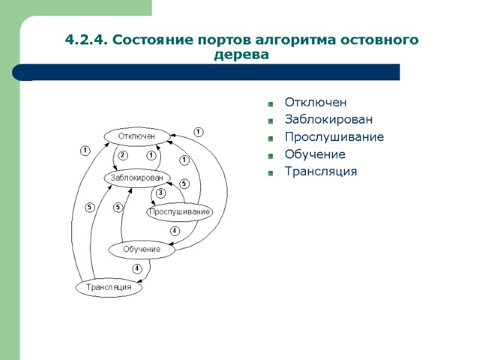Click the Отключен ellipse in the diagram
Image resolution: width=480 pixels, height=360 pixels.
pyautogui.click(x=137, y=136)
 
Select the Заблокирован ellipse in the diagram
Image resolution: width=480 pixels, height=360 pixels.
pyautogui.click(x=137, y=178)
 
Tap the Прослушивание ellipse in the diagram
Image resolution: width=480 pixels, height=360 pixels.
pyautogui.click(x=179, y=212)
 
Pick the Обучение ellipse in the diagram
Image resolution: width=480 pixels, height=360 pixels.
pyautogui.click(x=142, y=249)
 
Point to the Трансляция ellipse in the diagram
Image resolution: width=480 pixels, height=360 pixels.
pyautogui.click(x=109, y=287)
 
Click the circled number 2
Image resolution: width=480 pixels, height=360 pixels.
pyautogui.click(x=122, y=155)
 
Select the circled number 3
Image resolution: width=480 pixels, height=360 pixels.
pyautogui.click(x=161, y=193)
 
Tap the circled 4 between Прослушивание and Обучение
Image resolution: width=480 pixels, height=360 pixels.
pyautogui.click(x=175, y=230)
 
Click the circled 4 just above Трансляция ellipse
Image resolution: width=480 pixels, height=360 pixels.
pyautogui.click(x=137, y=268)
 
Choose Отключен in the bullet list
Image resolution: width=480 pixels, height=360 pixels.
pyautogui.click(x=316, y=103)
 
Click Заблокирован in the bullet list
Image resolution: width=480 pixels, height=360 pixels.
pyautogui.click(x=328, y=119)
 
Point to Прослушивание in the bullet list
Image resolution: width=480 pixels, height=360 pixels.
pyautogui.click(x=334, y=137)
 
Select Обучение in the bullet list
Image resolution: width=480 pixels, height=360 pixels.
pyautogui.click(x=315, y=154)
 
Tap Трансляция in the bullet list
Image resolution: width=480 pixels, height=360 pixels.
pyautogui.click(x=320, y=172)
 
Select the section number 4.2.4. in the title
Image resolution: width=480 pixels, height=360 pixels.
pyautogui.click(x=86, y=41)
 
